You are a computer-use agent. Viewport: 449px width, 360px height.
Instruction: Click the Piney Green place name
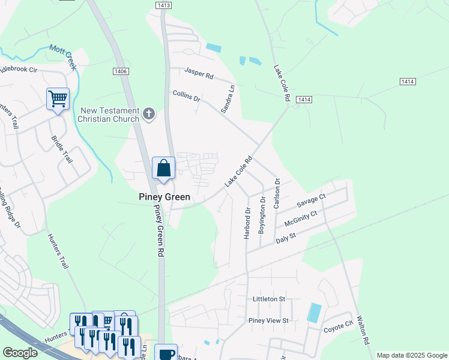(x=164, y=197)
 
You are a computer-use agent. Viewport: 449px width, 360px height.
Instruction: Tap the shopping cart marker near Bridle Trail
(x=58, y=99)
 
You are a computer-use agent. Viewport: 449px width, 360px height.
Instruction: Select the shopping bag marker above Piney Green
(x=163, y=169)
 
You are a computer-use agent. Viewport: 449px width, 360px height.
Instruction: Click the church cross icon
(x=149, y=113)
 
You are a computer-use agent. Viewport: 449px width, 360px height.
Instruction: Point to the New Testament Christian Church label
(x=110, y=115)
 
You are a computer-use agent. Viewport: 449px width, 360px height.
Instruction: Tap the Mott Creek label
(x=63, y=57)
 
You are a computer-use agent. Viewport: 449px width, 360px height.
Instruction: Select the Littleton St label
(x=265, y=299)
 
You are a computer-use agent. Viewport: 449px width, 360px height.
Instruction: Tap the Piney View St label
(x=268, y=320)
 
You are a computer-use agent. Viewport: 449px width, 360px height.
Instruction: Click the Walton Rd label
(x=363, y=331)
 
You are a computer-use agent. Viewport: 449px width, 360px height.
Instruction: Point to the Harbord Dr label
(x=247, y=224)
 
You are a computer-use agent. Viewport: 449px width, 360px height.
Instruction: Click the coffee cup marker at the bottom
(x=166, y=353)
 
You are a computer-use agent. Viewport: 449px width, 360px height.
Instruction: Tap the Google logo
(x=20, y=353)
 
